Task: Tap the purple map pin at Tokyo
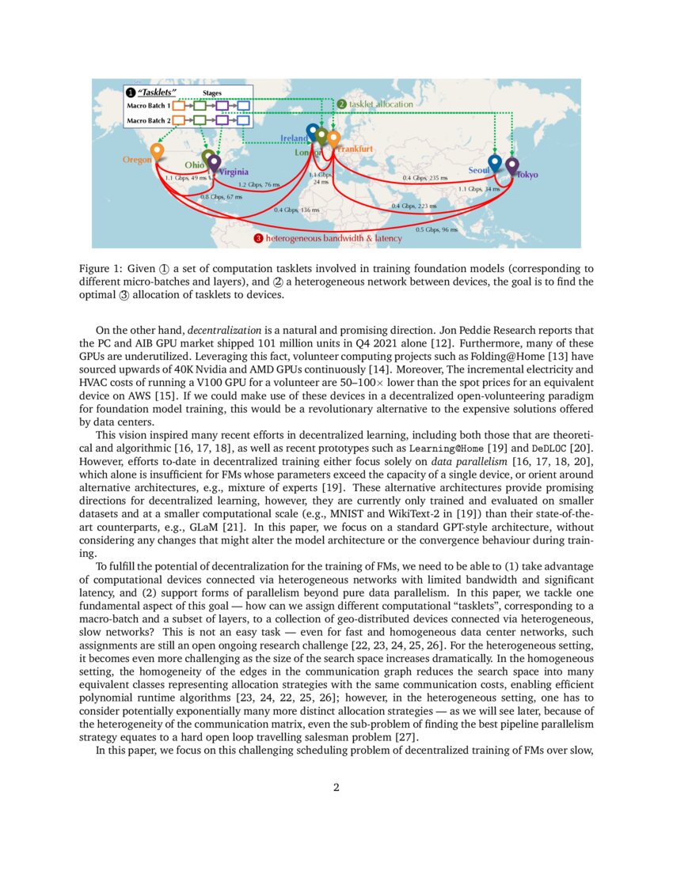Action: point(511,165)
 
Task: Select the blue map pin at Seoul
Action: point(495,161)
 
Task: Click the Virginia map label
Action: point(233,172)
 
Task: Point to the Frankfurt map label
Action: point(355,149)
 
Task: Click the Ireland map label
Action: point(293,138)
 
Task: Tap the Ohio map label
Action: point(193,165)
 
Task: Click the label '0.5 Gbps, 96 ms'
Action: point(437,229)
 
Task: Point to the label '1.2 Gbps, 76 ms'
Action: point(260,184)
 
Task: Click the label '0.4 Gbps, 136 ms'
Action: point(296,210)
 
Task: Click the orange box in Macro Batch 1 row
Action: point(179,104)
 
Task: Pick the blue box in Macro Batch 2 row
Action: point(243,120)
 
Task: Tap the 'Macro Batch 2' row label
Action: point(149,120)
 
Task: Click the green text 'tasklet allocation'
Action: point(380,104)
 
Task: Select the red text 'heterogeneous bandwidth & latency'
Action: point(333,238)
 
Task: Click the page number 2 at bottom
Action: point(336,787)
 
